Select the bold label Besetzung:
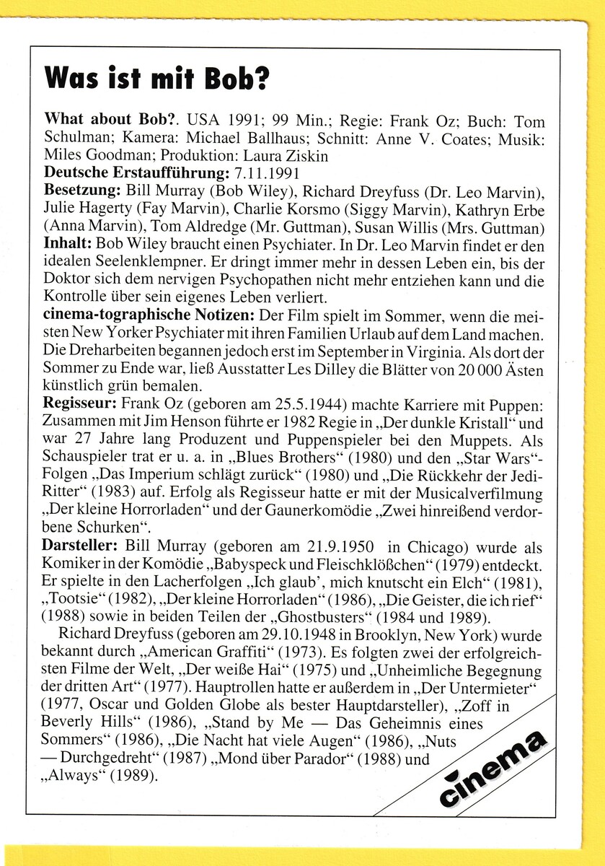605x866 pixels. coord(82,191)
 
